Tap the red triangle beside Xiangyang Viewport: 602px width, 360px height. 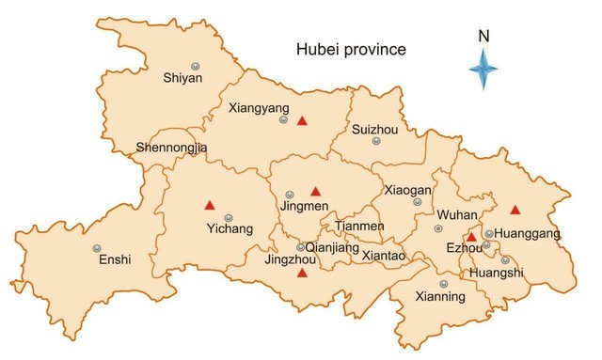point(302,120)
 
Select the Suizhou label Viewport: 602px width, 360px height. point(374,129)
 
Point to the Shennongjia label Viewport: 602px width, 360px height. point(171,148)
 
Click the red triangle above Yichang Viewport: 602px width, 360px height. point(210,204)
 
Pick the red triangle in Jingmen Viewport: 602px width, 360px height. point(315,191)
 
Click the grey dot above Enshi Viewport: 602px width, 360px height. point(97,248)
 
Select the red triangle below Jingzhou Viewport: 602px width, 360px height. point(302,273)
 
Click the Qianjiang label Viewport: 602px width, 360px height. point(333,247)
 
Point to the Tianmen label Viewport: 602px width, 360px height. point(359,227)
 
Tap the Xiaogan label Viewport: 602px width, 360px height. point(407,189)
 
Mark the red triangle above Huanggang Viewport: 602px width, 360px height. point(515,210)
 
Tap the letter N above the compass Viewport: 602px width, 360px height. point(483,36)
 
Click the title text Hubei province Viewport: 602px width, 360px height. point(350,49)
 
